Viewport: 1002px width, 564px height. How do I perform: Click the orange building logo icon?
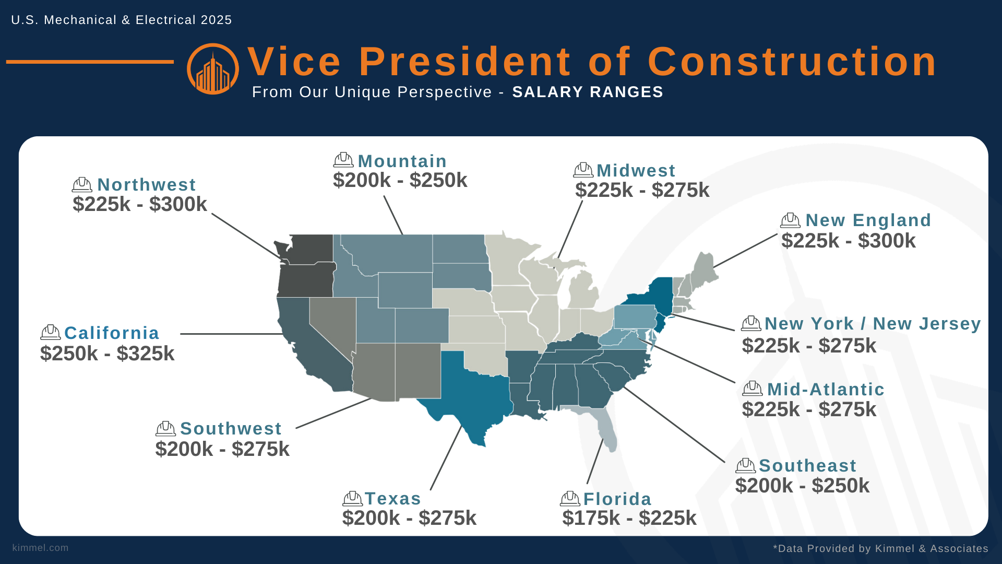[213, 69]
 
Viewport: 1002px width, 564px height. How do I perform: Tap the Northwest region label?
[146, 185]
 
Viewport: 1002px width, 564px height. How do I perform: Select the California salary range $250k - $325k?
[108, 354]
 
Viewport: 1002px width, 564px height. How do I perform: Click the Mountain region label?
[402, 161]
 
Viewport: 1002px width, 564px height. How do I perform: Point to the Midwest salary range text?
[642, 190]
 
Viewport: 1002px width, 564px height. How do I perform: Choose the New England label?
[868, 220]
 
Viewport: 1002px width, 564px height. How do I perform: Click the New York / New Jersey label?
[873, 324]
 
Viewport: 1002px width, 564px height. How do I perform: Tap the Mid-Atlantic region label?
[826, 390]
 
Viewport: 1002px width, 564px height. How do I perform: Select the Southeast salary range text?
[802, 486]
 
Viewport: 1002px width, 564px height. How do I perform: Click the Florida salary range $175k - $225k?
[629, 518]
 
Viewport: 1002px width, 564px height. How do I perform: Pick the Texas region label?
[392, 499]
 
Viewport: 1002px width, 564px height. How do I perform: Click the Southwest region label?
[231, 429]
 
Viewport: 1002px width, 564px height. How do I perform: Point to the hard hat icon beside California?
[51, 332]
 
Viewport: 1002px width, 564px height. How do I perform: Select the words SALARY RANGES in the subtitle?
[588, 92]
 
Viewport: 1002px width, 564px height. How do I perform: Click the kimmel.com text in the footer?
[41, 548]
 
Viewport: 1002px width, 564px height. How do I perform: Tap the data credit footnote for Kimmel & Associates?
[880, 548]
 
